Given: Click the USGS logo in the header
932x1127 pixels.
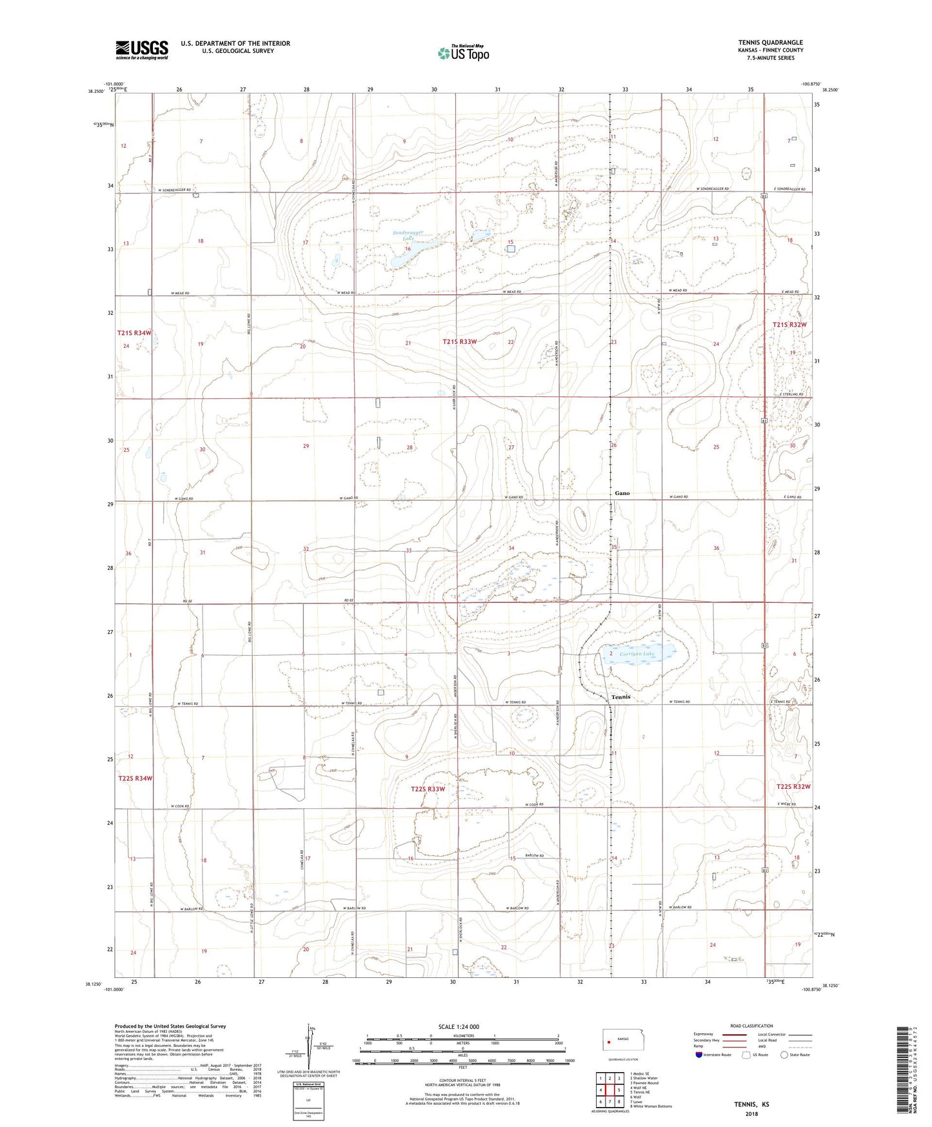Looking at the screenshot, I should point(142,49).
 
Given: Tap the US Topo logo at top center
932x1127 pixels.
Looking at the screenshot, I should point(462,53).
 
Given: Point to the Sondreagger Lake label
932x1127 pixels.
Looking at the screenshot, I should point(408,235).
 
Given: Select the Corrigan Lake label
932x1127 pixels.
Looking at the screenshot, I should point(637,654).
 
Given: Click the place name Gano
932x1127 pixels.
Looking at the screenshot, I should point(622,493).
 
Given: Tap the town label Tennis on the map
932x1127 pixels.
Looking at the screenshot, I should point(620,697).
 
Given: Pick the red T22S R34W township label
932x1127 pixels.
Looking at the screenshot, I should point(135,778).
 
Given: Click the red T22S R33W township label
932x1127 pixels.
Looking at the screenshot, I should point(428,789).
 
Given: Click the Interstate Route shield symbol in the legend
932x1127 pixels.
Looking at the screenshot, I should point(699,1055).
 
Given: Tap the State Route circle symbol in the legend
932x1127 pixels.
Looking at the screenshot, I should point(784,1055).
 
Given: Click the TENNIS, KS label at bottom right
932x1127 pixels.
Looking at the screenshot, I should point(751,1104).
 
